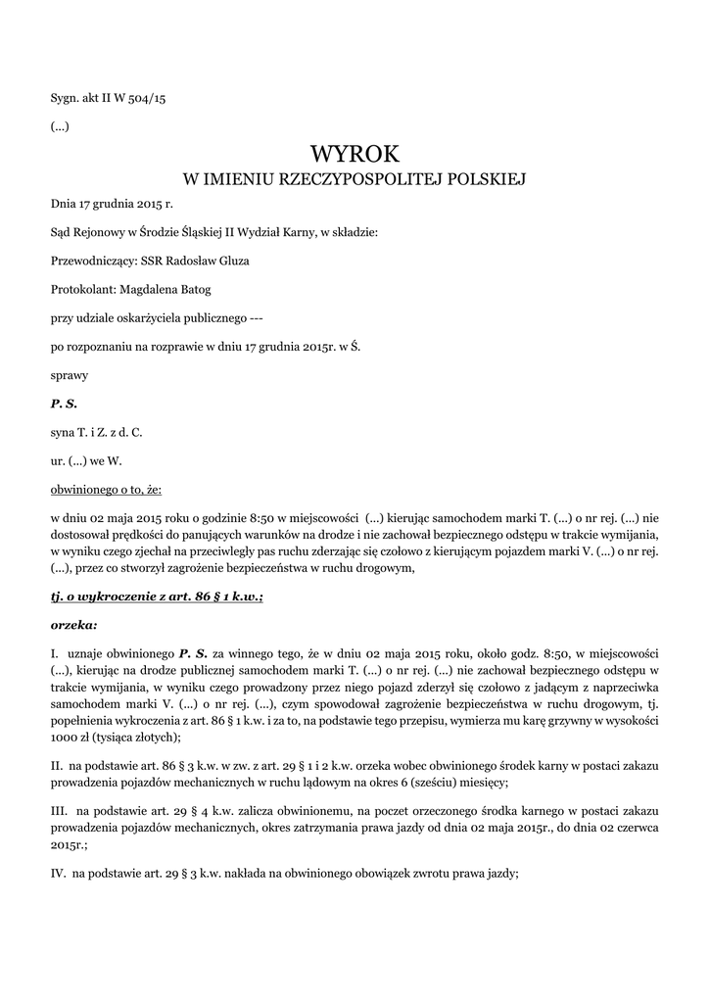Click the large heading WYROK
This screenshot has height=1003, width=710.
point(355,154)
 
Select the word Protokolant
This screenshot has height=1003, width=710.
point(81,289)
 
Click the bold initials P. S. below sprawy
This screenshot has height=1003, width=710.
point(64,403)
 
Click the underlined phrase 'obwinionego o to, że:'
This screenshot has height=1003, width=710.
point(106,488)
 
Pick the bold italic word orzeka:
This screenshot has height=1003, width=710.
point(74,623)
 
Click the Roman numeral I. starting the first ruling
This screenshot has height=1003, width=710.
point(55,651)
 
